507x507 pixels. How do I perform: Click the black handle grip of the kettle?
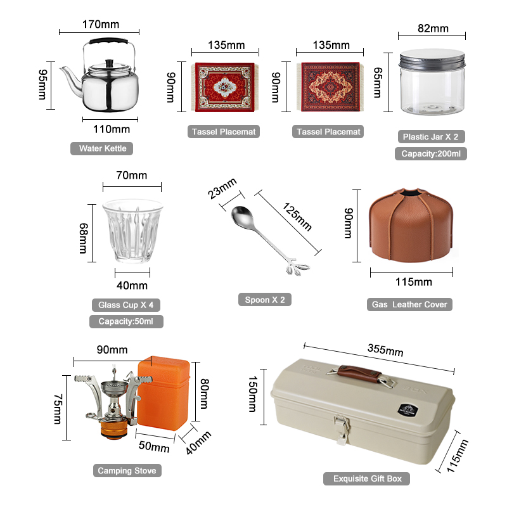tap(108, 41)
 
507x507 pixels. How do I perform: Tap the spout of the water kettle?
tap(72, 79)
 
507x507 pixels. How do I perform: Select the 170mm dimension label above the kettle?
tap(101, 24)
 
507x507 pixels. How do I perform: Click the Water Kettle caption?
tap(102, 148)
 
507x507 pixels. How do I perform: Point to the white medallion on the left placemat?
tap(224, 87)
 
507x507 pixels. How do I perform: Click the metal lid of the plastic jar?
tap(432, 58)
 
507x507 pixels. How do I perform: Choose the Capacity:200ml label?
tap(431, 153)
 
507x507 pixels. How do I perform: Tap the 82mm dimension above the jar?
tap(433, 29)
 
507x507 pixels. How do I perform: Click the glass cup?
tap(132, 231)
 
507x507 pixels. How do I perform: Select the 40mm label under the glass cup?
tap(132, 286)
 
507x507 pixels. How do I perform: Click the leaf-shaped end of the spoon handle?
tap(296, 267)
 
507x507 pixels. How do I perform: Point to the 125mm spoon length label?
tap(297, 216)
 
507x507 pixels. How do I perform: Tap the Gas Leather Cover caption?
tap(409, 304)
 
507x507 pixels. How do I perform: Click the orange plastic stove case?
tap(164, 393)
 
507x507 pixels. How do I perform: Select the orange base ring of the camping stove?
tap(113, 429)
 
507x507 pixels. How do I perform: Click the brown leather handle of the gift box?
tap(359, 373)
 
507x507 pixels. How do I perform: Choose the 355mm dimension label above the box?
tap(385, 350)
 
